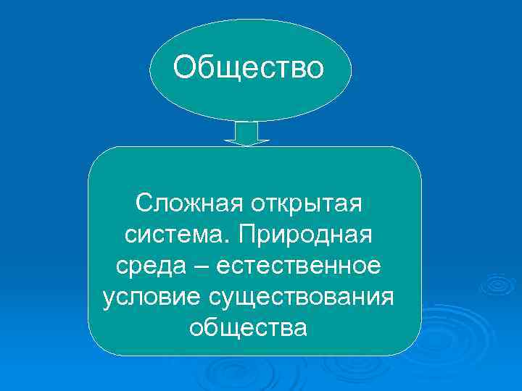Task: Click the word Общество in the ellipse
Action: [249, 68]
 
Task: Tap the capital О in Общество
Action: [185, 68]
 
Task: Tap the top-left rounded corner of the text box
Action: [98, 156]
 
